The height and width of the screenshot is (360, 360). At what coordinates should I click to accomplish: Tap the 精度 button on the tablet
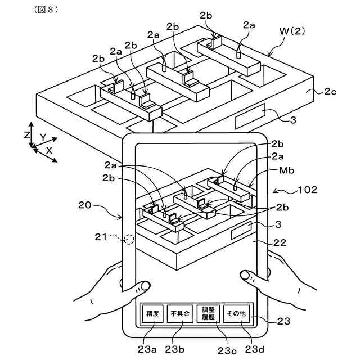pos(152,314)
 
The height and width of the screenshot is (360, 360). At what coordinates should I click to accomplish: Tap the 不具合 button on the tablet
pos(180,314)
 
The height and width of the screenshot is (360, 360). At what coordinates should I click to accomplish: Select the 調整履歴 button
pos(209,314)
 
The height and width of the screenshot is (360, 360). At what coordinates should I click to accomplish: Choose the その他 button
pos(236,314)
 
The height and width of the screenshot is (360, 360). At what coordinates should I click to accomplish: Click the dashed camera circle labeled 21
pos(129,239)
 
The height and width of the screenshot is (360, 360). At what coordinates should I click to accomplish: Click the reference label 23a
pos(147,349)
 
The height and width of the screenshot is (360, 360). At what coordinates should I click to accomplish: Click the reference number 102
pos(308,190)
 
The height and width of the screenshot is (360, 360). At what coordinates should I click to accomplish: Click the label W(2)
pos(292,31)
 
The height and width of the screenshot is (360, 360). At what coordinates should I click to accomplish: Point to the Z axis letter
pos(27,135)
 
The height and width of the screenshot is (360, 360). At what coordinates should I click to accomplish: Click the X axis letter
pos(49,151)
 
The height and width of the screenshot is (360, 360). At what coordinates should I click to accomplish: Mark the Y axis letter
pos(43,137)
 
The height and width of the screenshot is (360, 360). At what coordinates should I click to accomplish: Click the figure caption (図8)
pos(46,10)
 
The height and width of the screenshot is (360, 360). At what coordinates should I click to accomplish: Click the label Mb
pos(286,170)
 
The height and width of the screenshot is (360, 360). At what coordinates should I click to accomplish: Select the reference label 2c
pos(330,92)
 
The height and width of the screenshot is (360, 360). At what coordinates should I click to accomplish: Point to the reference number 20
pos(85,205)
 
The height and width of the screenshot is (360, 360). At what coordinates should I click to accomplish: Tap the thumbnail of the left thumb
pos(145,286)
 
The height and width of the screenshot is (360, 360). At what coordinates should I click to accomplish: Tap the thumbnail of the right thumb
pos(245,275)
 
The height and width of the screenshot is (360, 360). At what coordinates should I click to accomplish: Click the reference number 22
pos(280,243)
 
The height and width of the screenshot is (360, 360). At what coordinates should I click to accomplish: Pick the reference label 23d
pos(254,349)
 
